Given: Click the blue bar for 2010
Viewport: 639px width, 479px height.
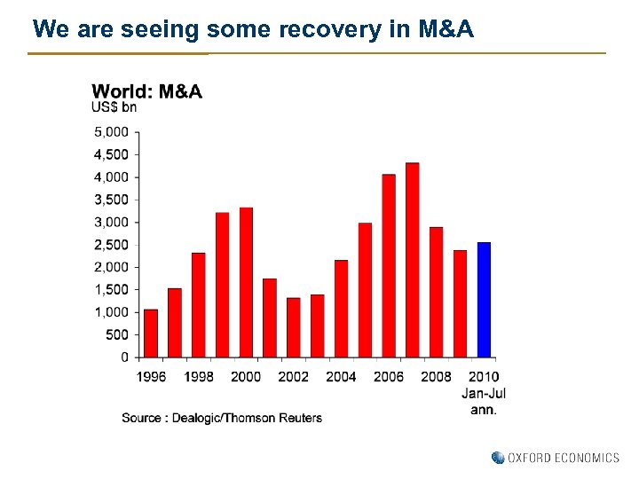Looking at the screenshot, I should [x=484, y=300].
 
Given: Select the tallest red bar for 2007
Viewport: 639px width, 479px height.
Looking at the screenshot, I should [x=412, y=260].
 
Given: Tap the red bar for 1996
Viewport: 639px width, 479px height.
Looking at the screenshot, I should [x=151, y=333].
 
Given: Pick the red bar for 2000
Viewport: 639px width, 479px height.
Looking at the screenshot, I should [x=246, y=282].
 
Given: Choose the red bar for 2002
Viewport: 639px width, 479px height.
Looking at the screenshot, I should [x=293, y=327].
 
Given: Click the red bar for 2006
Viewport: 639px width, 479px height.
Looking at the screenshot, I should [x=389, y=266].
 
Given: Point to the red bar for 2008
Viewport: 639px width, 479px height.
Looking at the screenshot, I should [x=436, y=292].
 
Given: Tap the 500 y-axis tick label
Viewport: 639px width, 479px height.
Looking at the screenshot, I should [x=118, y=334].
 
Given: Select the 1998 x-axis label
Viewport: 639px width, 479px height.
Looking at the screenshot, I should [x=199, y=377].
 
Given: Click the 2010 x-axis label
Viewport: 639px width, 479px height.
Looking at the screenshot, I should [x=484, y=377].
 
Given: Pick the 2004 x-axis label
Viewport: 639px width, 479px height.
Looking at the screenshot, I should [x=341, y=377].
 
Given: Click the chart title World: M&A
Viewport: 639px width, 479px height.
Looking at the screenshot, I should [x=147, y=91].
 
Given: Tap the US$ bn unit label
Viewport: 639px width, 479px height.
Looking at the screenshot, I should [x=114, y=108].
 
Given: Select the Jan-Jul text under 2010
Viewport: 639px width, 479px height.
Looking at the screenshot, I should [x=484, y=393].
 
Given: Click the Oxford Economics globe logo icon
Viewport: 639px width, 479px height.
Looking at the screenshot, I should [x=498, y=458].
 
